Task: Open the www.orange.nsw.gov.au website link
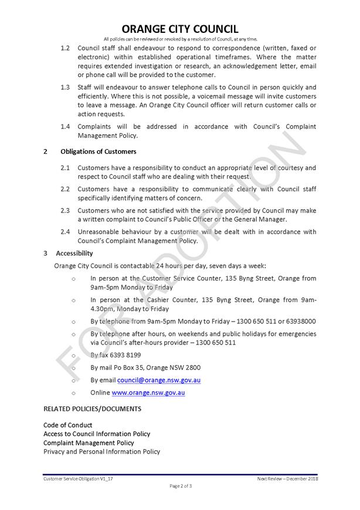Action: [x=148, y=393]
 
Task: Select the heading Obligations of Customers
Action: [x=98, y=151]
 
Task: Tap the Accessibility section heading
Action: [x=74, y=254]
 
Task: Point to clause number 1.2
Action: [x=65, y=48]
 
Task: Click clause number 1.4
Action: [x=65, y=126]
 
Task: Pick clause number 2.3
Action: [x=65, y=210]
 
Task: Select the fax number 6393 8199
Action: [x=124, y=355]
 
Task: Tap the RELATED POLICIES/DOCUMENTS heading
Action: [x=92, y=408]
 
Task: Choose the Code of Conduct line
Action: [x=67, y=425]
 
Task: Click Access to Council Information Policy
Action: [x=97, y=434]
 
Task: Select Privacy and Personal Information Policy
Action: [x=101, y=451]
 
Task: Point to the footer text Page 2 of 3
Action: [x=181, y=486]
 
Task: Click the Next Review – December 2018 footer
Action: [x=286, y=479]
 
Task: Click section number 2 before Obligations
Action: [x=46, y=151]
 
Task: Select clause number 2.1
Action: [x=65, y=168]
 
